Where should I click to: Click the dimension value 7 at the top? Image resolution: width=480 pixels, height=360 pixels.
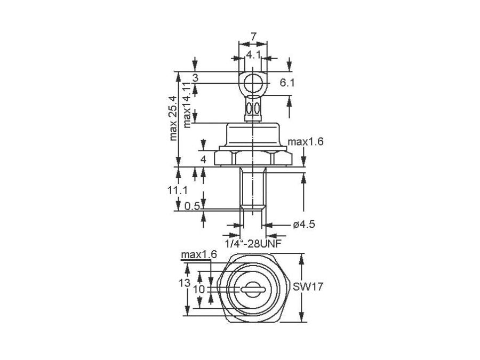point(253,36)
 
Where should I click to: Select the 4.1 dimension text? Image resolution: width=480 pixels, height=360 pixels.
point(253,54)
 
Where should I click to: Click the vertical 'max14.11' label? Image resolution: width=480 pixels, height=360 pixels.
point(186,105)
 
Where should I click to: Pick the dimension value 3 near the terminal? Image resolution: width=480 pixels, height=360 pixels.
point(195,78)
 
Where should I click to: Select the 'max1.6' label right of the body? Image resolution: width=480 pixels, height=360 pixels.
point(306,142)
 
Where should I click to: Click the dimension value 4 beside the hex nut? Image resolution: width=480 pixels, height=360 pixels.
point(203,159)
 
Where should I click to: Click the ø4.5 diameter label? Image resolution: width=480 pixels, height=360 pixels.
point(304,225)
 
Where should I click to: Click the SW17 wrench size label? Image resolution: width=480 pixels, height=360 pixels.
point(308,286)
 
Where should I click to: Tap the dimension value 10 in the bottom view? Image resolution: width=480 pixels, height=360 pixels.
point(199,289)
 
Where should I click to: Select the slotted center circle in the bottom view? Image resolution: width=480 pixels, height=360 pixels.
point(252,289)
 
